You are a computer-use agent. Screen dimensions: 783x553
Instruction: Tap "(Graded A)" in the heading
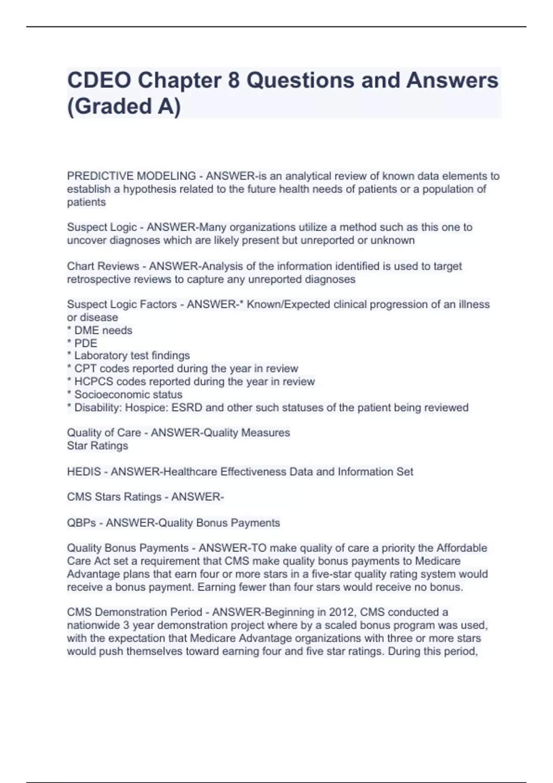coord(124,106)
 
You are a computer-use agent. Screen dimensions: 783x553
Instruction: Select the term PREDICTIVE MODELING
coord(131,176)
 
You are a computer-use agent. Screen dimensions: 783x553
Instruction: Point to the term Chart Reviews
coord(103,266)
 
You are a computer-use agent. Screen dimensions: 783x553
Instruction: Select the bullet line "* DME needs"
coord(100,330)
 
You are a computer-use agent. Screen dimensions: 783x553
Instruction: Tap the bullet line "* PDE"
coord(82,343)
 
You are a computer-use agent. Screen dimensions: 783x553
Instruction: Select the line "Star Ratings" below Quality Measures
coord(97,446)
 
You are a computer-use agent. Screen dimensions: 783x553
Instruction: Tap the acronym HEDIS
coord(84,472)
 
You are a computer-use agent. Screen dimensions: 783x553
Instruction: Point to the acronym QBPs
coord(82,523)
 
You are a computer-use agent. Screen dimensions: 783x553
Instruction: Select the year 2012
coord(341,612)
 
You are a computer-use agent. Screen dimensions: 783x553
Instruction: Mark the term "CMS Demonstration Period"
coord(135,612)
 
